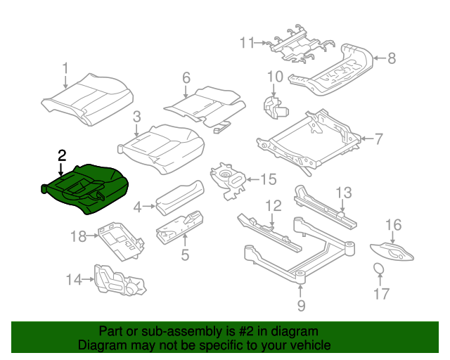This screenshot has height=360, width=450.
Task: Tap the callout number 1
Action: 65,68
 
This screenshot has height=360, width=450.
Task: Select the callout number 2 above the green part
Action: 62,155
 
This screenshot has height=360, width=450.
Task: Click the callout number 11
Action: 245,43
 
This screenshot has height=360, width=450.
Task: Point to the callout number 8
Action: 392,59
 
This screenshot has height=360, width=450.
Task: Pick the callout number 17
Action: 380,294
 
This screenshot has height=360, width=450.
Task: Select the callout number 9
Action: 301,305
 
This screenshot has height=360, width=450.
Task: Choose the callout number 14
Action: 74,281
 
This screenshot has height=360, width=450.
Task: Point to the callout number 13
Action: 342,193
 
